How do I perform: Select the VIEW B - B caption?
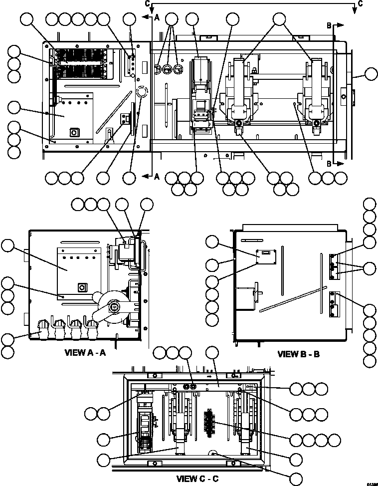(x=298, y=354)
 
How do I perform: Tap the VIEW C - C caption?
(x=197, y=479)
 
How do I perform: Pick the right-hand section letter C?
(x=360, y=3)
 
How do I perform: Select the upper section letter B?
(x=329, y=24)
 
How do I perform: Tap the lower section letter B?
(x=329, y=163)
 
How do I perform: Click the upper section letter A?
(x=157, y=17)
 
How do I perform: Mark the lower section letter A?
(x=157, y=176)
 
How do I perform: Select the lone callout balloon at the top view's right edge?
(x=371, y=75)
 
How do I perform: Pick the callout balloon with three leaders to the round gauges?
(x=172, y=19)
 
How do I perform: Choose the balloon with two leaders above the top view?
(x=279, y=19)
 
